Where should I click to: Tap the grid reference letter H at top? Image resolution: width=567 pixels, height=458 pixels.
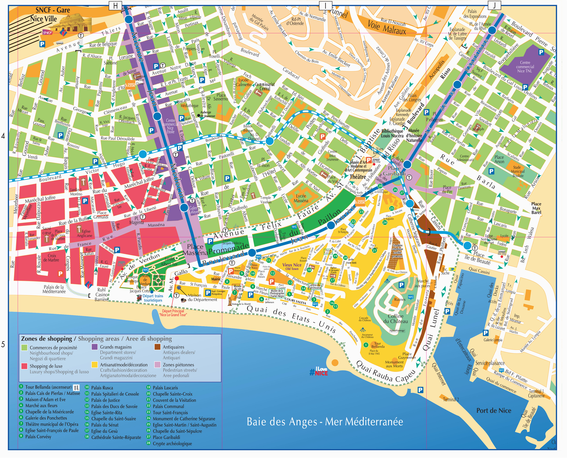[115, 6]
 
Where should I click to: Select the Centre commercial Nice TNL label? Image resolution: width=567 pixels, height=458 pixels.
[525, 67]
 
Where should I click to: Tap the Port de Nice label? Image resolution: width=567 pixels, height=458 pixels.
[493, 410]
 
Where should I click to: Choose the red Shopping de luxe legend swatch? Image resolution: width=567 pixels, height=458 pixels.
[24, 366]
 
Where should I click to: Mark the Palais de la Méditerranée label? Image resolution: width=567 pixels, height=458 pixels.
[54, 289]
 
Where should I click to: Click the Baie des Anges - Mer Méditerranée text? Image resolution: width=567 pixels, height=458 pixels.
[325, 422]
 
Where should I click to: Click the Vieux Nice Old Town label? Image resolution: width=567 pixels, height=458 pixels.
[292, 266]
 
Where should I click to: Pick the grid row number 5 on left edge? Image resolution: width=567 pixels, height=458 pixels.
[3, 344]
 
